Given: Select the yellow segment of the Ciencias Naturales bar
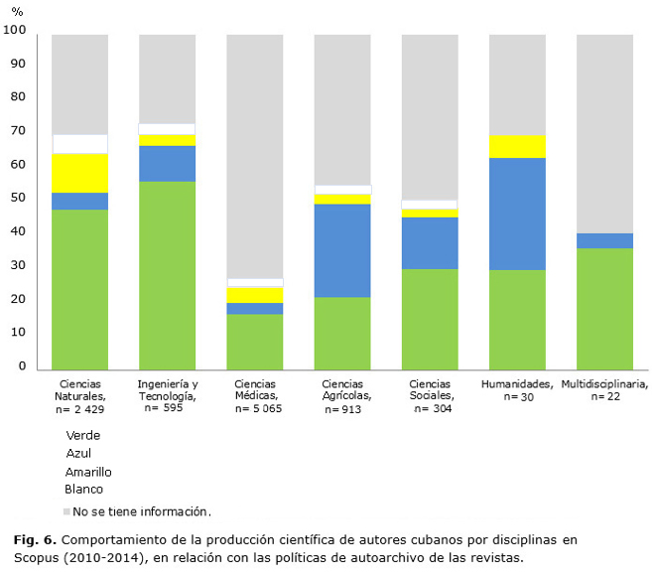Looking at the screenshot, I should tap(79, 173).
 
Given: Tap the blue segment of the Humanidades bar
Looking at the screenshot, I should tap(517, 214).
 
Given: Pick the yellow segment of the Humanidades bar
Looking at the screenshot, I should tap(517, 146).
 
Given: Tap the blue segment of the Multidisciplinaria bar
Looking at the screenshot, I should tap(604, 240).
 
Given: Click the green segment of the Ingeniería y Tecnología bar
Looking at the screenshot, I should tap(167, 273).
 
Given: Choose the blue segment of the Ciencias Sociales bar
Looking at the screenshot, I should tap(430, 243).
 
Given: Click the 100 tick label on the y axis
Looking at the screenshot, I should tap(14, 30).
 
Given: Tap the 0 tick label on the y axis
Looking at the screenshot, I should tap(22, 366).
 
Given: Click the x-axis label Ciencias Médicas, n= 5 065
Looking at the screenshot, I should tap(256, 396).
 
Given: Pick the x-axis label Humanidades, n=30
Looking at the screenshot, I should tap(517, 390).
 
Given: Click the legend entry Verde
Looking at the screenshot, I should tap(83, 435).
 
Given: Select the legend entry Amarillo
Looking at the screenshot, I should tap(88, 472).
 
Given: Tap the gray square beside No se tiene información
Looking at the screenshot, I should tap(66, 512).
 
